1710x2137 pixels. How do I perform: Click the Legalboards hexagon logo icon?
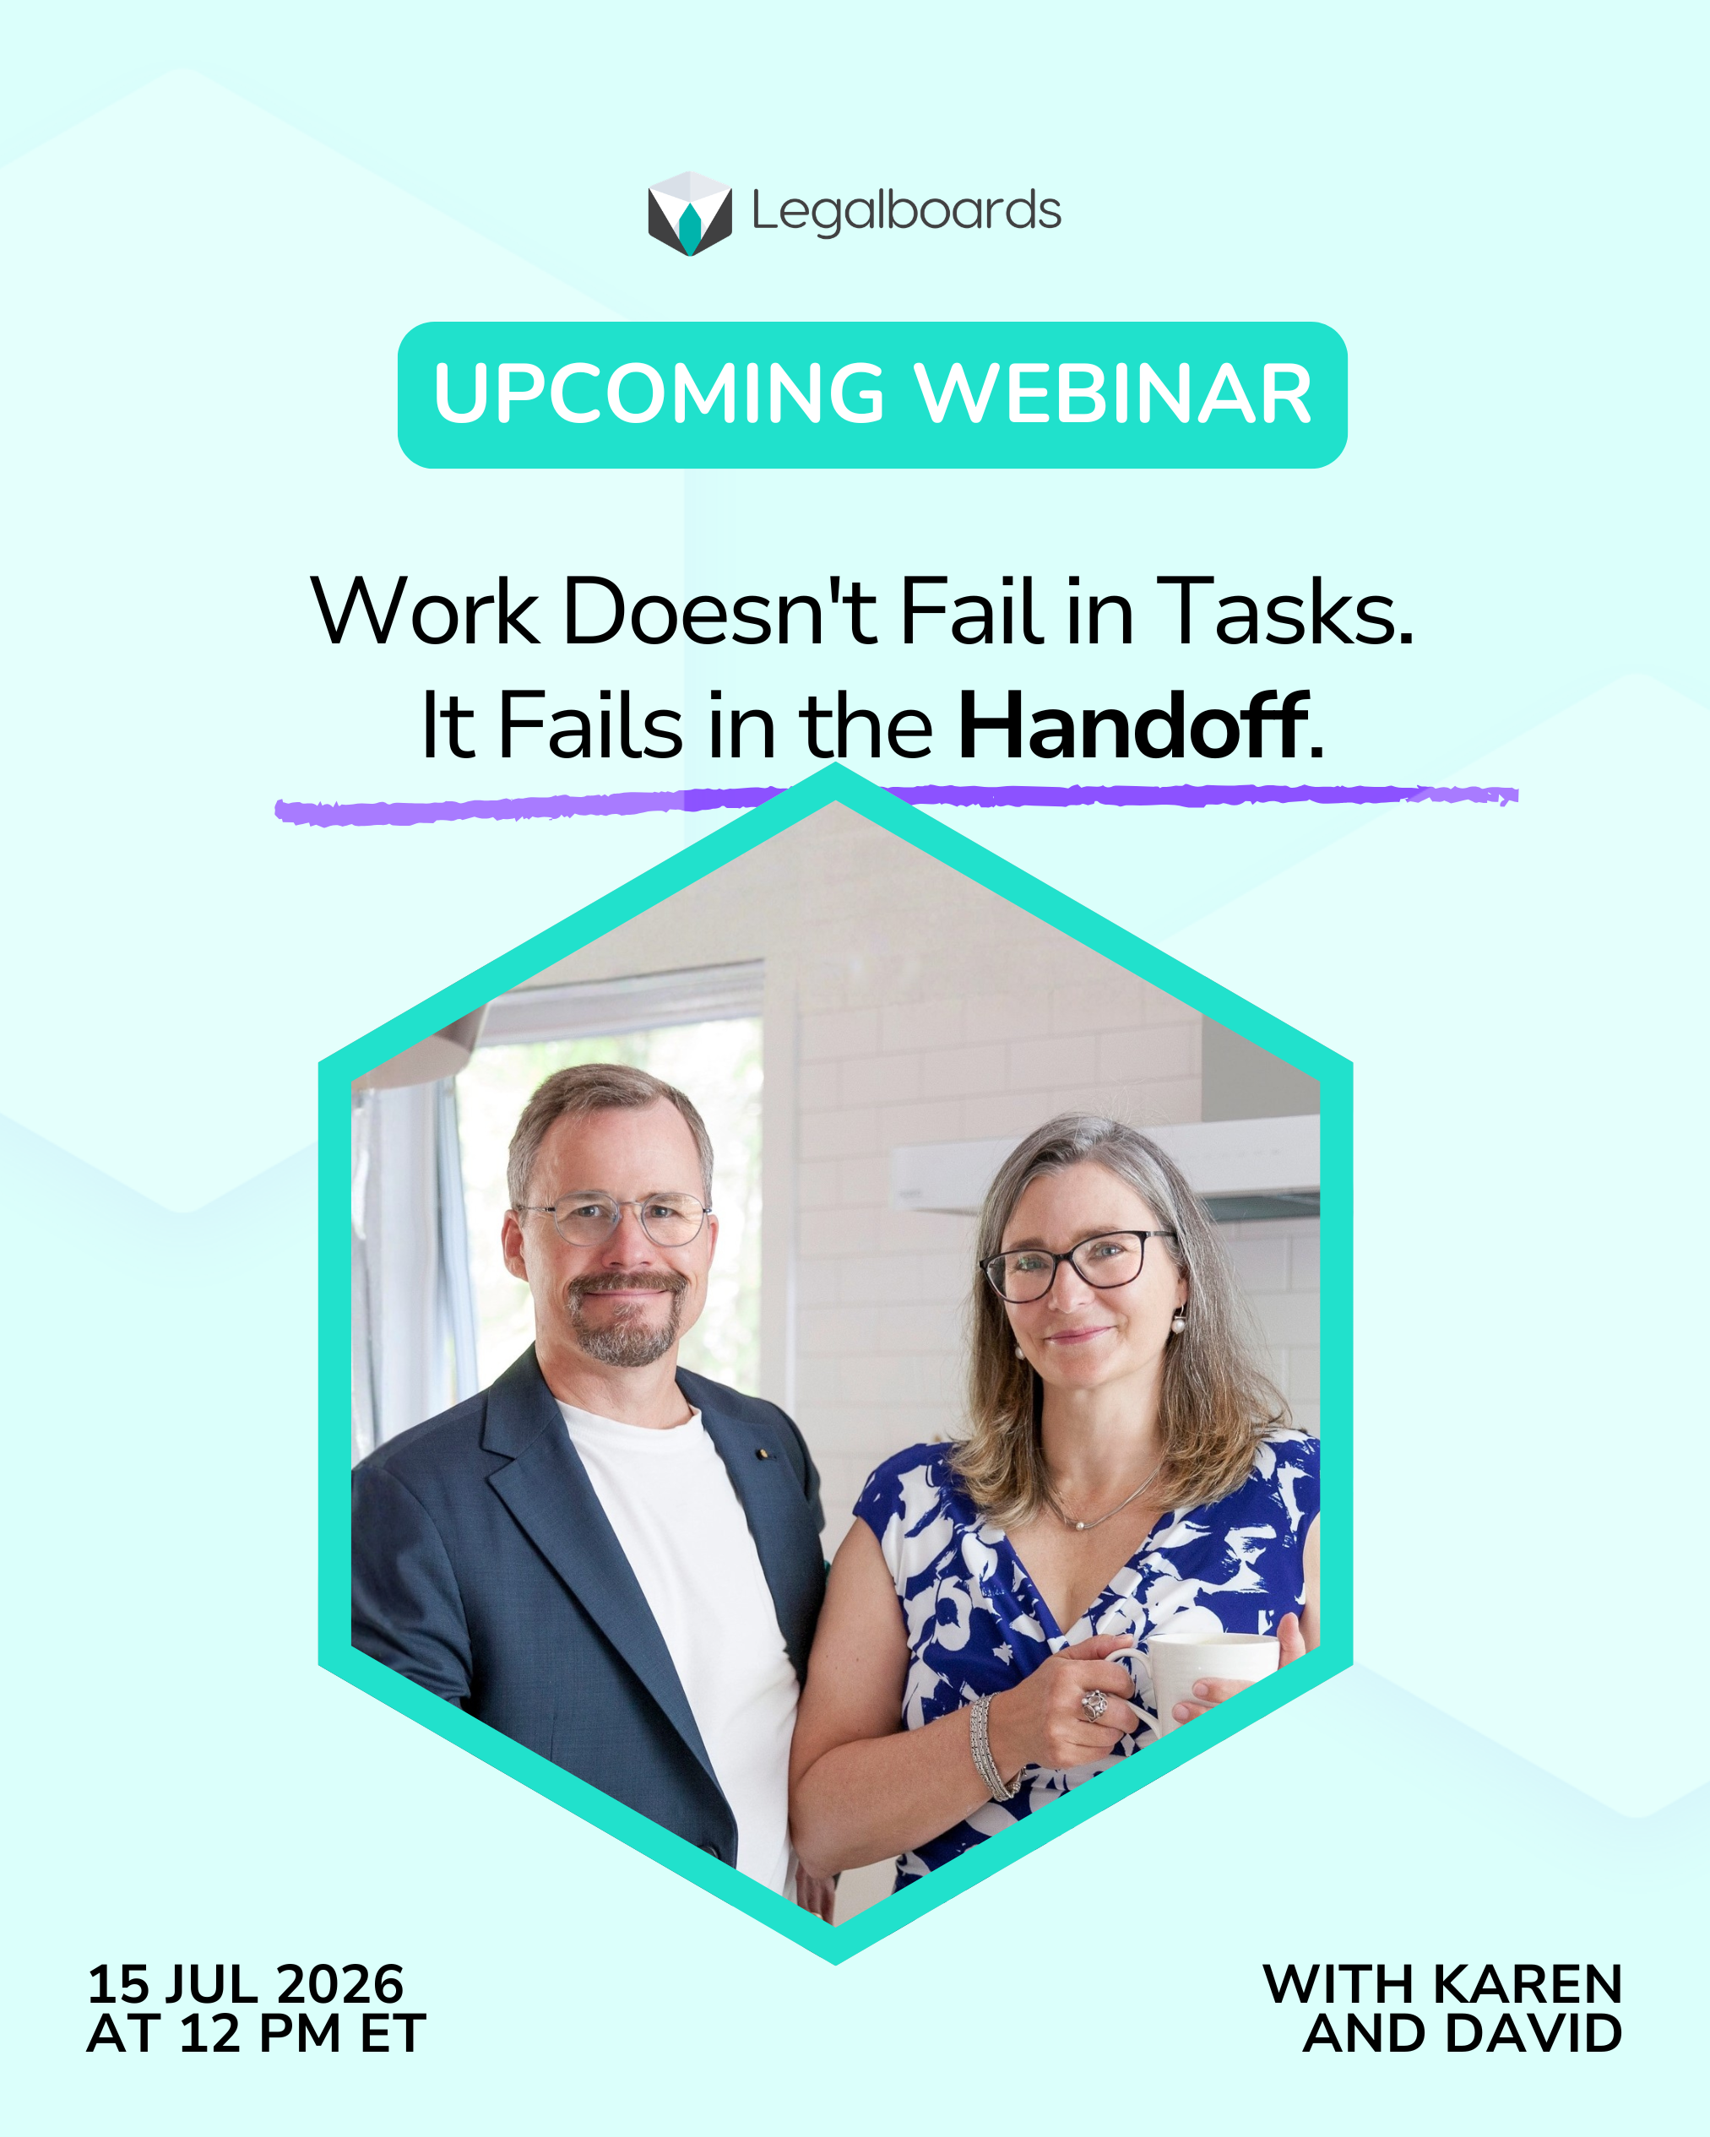tap(690, 213)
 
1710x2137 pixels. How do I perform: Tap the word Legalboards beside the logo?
tap(906, 212)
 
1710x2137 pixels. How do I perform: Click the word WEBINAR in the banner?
tap(1113, 393)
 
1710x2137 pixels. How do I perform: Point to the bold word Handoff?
tap(1133, 726)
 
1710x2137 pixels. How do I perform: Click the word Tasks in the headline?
tap(1286, 611)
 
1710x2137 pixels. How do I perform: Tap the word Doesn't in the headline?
tap(720, 611)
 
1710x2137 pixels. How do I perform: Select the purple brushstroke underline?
tap(897, 804)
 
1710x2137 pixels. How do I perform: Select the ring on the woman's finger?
tap(1094, 1704)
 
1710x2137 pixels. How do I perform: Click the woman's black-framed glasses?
tap(1077, 1265)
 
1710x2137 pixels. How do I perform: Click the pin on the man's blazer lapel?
tap(762, 1454)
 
